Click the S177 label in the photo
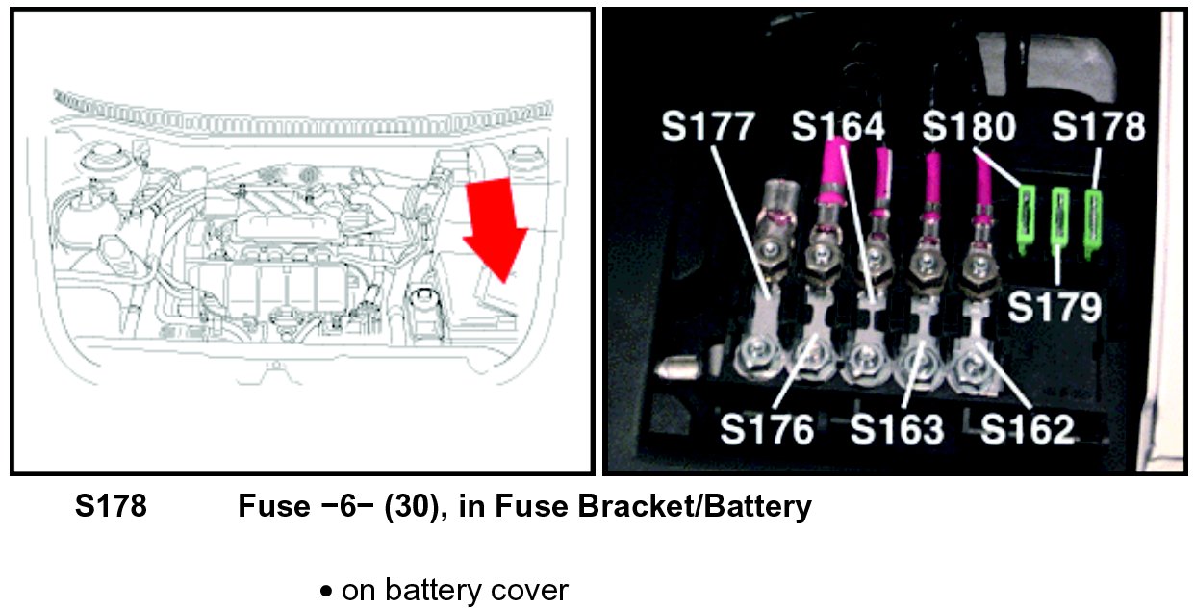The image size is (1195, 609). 707,129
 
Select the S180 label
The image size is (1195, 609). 968,129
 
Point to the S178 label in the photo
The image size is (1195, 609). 1098,129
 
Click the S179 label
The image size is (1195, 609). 1054,308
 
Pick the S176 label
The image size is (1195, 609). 766,429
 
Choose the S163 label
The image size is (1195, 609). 896,429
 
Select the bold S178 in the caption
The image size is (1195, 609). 111,507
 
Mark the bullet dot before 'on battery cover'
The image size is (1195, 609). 327,591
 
